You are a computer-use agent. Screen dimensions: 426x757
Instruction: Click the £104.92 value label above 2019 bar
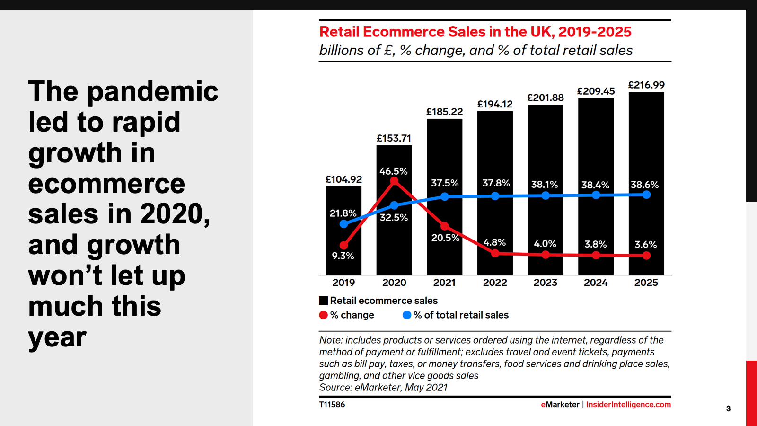(x=343, y=179)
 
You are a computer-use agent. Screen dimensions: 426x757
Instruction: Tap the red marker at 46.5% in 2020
(x=394, y=181)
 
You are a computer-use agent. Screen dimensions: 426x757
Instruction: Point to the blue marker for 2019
(x=344, y=224)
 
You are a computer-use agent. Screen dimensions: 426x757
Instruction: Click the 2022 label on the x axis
(x=495, y=283)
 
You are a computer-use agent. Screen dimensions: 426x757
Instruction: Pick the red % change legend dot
(x=324, y=315)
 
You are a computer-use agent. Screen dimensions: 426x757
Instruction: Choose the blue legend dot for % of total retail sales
(x=407, y=315)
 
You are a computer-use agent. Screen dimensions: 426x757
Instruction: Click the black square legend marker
(x=324, y=301)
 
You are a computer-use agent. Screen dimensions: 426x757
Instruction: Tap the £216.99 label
(x=646, y=85)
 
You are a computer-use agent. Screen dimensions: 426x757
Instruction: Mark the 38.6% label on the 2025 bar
(x=644, y=185)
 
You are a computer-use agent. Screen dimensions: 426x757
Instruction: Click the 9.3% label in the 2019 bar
(x=343, y=256)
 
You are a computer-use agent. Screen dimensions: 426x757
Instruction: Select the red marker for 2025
(x=646, y=256)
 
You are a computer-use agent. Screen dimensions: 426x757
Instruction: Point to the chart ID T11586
(x=332, y=405)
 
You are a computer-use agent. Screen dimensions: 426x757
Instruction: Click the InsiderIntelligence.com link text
(x=628, y=405)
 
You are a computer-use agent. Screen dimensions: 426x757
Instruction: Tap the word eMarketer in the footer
(x=560, y=405)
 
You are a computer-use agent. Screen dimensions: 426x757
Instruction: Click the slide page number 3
(x=728, y=408)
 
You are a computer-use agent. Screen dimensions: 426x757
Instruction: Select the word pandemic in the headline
(x=153, y=91)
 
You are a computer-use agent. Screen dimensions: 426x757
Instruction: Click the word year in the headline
(x=57, y=337)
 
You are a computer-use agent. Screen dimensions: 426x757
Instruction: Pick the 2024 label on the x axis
(x=596, y=283)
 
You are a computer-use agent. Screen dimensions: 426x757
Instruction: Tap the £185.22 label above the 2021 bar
(x=444, y=112)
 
